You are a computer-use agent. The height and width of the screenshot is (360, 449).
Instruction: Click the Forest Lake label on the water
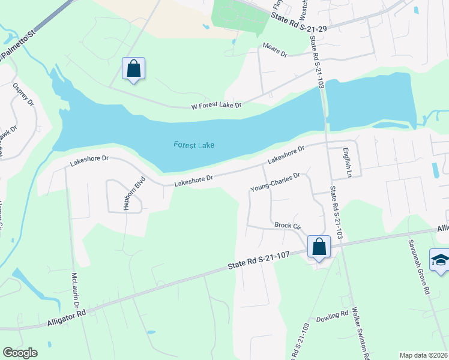pos(194,145)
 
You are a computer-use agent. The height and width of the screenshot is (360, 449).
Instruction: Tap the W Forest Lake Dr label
pos(215,106)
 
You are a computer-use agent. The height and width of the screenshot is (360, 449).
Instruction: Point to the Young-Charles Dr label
pos(274,182)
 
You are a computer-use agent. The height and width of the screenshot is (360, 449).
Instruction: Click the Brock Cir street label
pos(287,226)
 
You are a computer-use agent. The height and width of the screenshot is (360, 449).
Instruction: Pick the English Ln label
pos(346,159)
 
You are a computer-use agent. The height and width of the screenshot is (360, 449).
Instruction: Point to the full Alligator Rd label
pos(67,317)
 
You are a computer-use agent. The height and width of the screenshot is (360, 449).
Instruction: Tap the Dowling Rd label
pos(332,314)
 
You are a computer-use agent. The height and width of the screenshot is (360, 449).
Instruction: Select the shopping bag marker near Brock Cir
pos(319,247)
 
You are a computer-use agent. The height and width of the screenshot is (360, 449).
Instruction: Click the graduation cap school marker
pos(440,260)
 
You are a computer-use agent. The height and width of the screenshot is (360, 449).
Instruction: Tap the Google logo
pos(20,353)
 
